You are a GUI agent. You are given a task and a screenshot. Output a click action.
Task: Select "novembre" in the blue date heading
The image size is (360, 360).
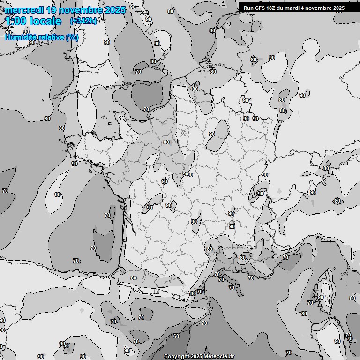pos(82,10)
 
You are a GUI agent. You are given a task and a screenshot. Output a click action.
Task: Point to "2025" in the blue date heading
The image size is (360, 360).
pos(115,10)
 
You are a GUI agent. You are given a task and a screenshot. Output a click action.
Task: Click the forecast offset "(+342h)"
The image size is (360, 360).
pos(83,21)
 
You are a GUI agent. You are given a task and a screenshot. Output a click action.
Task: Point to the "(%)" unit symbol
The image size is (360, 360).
pos(72,37)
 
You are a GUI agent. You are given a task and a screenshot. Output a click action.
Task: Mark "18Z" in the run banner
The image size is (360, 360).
pos(273,8)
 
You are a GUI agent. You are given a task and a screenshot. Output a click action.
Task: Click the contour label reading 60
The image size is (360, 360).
pos(176,336)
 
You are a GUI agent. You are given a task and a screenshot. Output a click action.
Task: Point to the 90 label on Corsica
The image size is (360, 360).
pos(321,297)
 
